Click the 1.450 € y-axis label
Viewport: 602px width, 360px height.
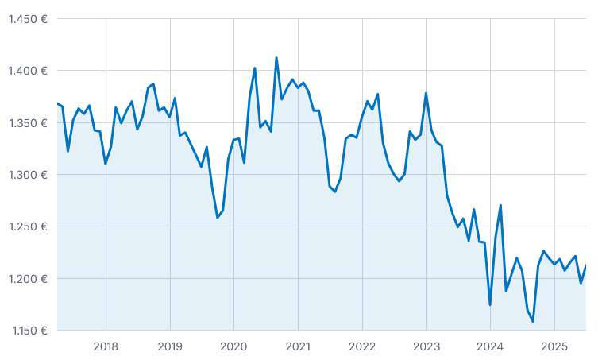click(x=28, y=19)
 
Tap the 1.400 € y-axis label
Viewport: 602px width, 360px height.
click(x=28, y=71)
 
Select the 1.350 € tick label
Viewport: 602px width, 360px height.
click(x=28, y=123)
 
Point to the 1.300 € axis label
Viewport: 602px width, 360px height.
click(x=28, y=175)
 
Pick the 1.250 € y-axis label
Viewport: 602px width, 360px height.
click(x=28, y=226)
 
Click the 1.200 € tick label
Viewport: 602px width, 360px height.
click(x=28, y=278)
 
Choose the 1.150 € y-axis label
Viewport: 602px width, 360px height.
click(x=28, y=331)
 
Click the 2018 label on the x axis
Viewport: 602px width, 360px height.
click(x=106, y=346)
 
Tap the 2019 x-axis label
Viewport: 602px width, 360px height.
click(x=170, y=346)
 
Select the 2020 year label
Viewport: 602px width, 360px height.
click(x=233, y=346)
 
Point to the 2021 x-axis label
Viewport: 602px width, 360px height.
click(x=298, y=346)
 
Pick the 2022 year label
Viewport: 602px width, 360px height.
click(x=362, y=346)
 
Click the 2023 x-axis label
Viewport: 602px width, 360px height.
click(x=426, y=346)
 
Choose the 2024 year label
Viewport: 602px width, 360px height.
click(x=490, y=346)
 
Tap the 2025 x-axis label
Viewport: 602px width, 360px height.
click(x=554, y=346)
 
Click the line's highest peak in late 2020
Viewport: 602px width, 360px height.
click(x=276, y=58)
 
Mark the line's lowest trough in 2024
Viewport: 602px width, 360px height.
click(x=533, y=321)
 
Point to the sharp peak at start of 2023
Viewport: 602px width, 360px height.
click(x=426, y=93)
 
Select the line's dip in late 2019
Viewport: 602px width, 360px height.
click(x=218, y=217)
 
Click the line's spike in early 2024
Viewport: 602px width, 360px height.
click(x=500, y=205)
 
